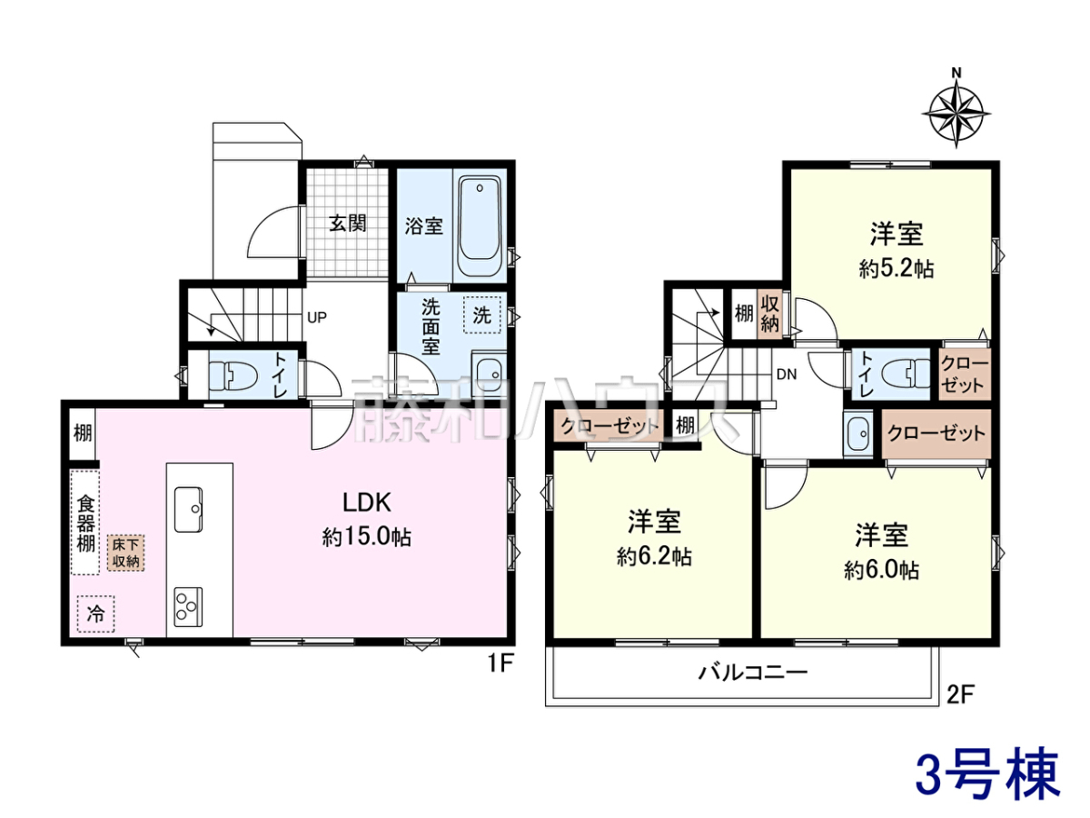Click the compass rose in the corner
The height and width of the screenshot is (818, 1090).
pos(956,115)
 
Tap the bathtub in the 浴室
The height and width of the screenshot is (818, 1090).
pos(480,226)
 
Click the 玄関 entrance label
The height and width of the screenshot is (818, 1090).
pos(348,223)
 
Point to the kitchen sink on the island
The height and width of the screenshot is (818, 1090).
pos(188,510)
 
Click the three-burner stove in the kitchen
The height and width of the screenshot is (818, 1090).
pos(188,607)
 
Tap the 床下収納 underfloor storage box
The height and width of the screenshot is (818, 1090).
pos(126,553)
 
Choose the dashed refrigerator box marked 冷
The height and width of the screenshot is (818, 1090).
pos(96,614)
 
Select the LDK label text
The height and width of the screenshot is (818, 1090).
pos(367,503)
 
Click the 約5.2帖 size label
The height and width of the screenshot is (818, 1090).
pos(897,270)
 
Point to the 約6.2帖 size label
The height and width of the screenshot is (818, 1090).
pos(654,557)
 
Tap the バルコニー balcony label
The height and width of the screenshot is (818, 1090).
pos(753,673)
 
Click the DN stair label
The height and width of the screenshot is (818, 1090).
pos(787,374)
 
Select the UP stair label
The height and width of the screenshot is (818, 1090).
pos(317,317)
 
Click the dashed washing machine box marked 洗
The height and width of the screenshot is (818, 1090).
pos(481,314)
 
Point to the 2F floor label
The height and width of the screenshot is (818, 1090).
pos(960,694)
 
